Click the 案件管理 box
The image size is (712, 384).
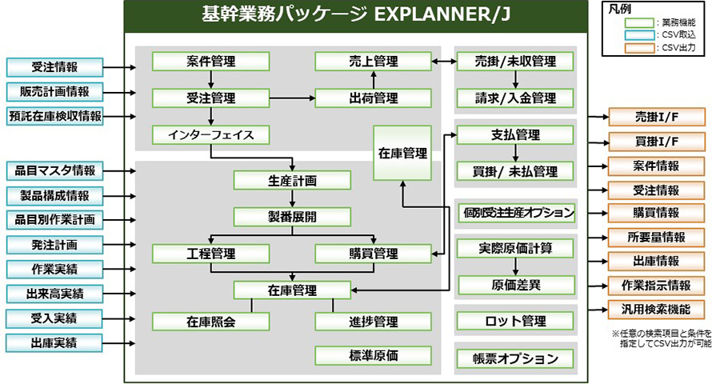(211, 61)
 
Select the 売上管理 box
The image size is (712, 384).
(373, 61)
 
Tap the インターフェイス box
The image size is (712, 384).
(211, 134)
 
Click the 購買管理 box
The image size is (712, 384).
(373, 254)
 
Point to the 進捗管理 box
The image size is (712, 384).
(373, 322)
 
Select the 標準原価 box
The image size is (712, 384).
(373, 356)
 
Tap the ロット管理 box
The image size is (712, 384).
(516, 322)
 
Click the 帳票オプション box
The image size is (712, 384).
(516, 358)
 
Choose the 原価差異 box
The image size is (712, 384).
(516, 284)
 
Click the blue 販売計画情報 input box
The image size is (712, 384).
(54, 91)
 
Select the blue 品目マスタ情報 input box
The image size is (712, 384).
(54, 170)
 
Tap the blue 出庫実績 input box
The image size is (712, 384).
(54, 344)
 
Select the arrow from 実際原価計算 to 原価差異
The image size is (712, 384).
(516, 266)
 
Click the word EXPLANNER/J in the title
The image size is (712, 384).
(436, 15)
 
